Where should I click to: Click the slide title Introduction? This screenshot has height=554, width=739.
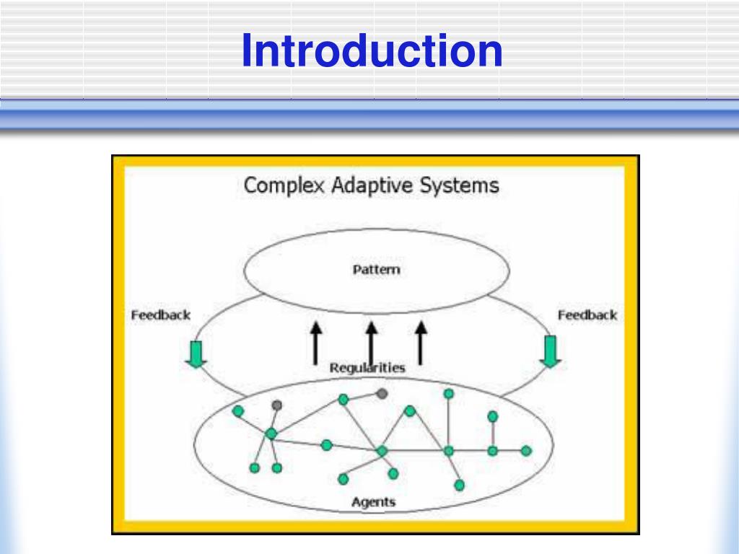(x=371, y=52)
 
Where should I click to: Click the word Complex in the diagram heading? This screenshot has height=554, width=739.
(x=284, y=185)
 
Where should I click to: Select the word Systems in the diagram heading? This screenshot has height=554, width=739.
(x=460, y=185)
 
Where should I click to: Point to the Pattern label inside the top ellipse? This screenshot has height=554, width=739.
(x=376, y=271)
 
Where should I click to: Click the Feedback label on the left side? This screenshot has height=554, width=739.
(x=160, y=315)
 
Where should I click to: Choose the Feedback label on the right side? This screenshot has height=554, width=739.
(x=587, y=315)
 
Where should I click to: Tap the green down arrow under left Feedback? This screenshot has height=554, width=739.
(x=196, y=353)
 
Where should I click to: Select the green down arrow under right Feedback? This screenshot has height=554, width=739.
(x=550, y=351)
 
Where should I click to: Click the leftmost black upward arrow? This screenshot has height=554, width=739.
(x=315, y=343)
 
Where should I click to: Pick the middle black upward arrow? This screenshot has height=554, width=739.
(x=371, y=343)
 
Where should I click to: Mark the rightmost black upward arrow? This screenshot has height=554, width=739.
(x=421, y=343)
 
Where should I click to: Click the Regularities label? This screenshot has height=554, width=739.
(x=367, y=368)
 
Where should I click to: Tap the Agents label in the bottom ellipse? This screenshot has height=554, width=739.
(x=373, y=501)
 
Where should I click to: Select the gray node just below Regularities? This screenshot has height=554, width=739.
(x=382, y=393)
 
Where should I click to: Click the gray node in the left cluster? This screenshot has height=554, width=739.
(x=276, y=405)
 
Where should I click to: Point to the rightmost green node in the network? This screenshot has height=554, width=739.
(x=526, y=451)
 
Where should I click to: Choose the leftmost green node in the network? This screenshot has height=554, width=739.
(x=237, y=411)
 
